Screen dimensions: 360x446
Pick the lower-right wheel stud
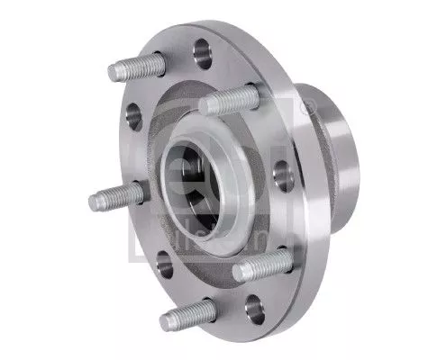pyautogui.click(x=264, y=265)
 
